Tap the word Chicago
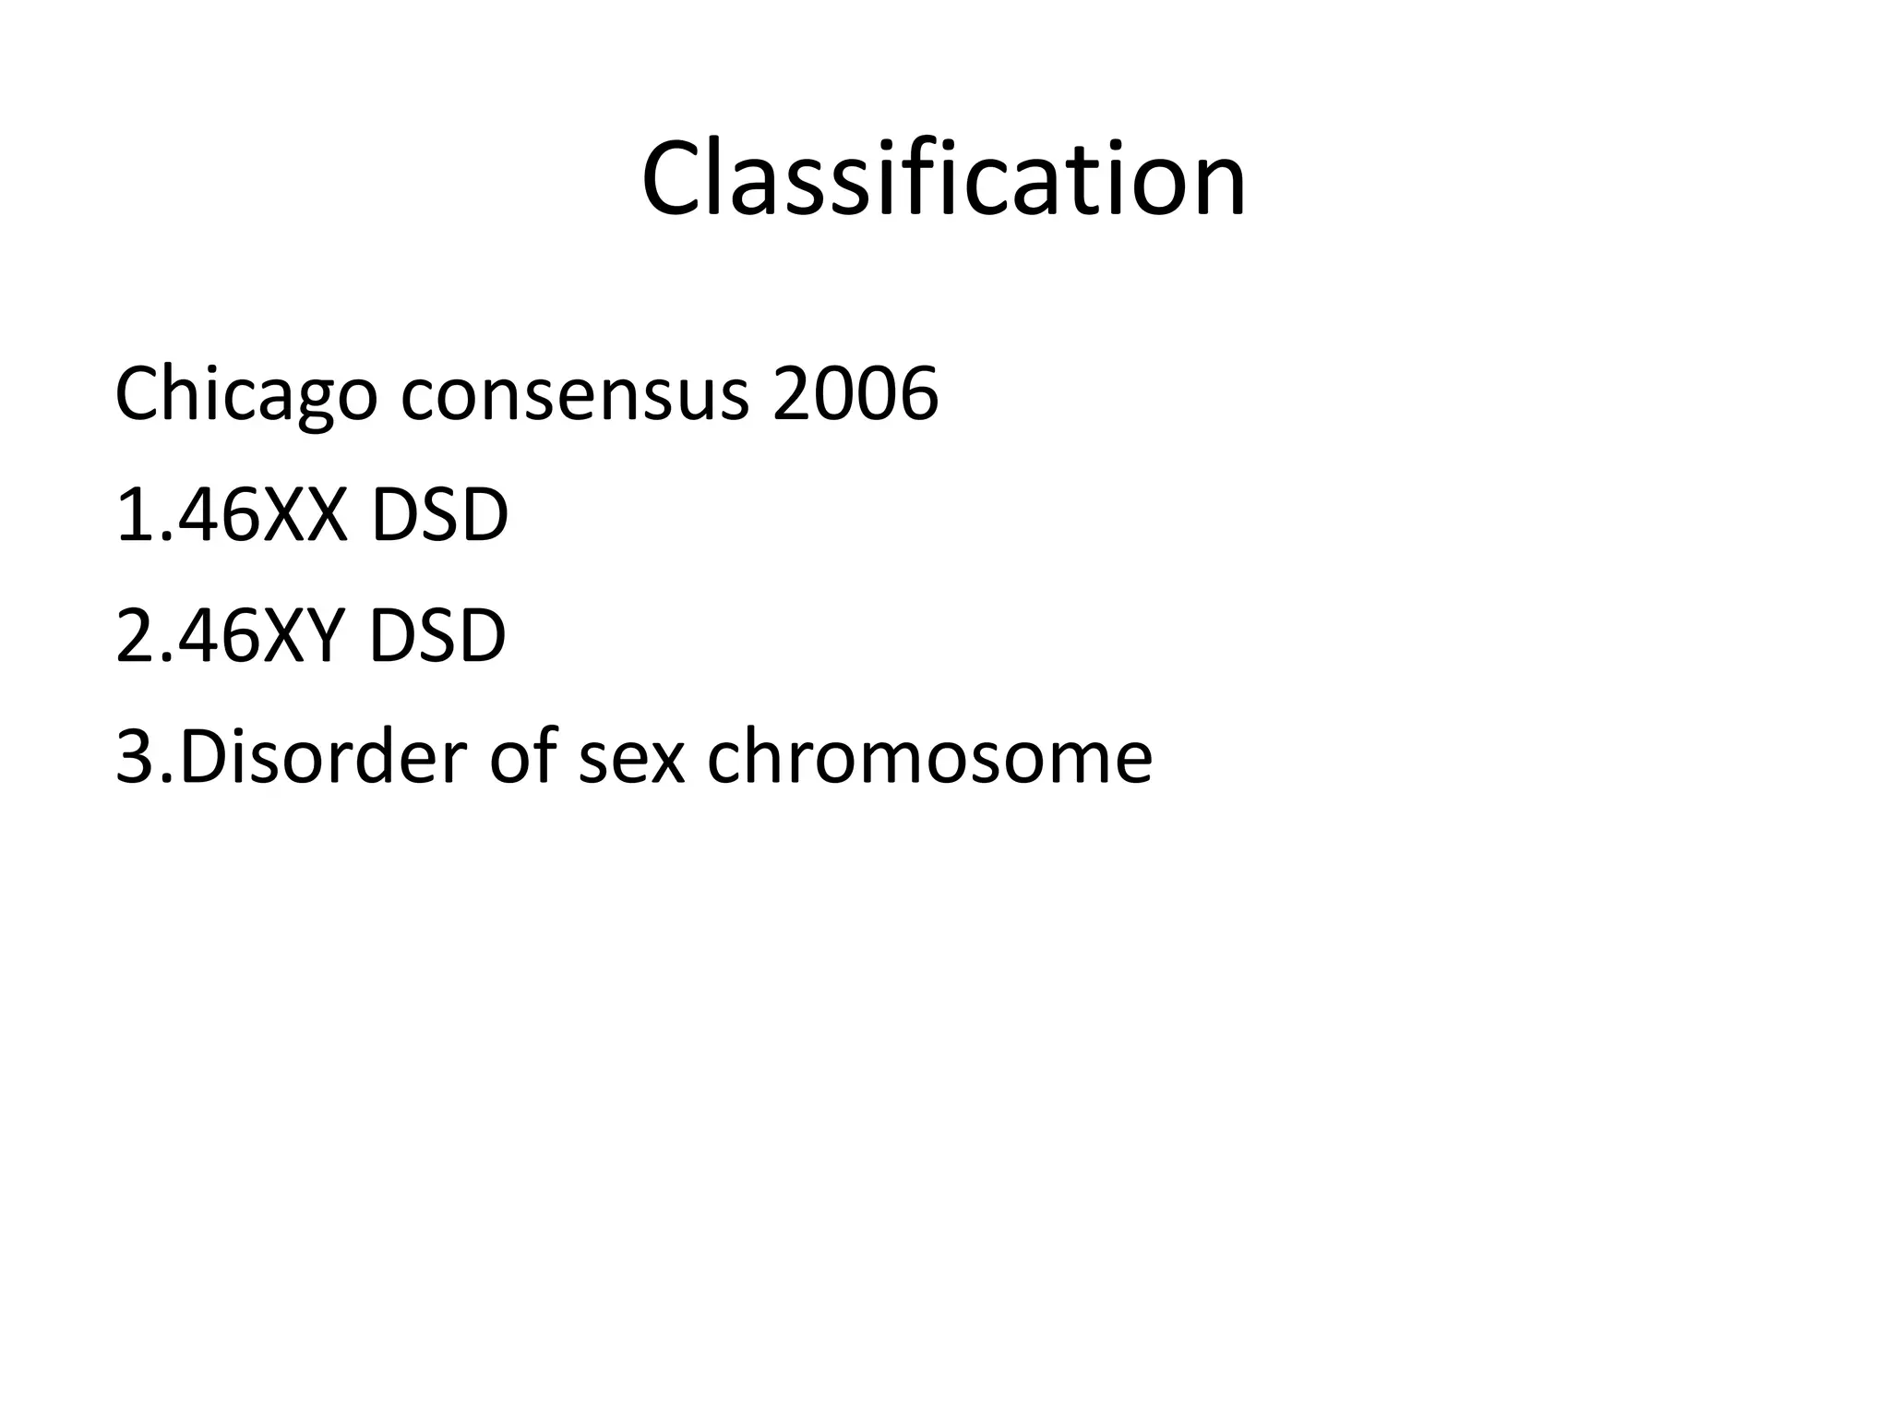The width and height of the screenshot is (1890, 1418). click(245, 394)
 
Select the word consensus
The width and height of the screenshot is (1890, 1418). click(575, 394)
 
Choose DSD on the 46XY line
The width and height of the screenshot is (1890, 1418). click(437, 636)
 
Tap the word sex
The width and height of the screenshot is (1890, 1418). click(632, 757)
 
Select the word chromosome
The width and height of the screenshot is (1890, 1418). click(930, 757)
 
